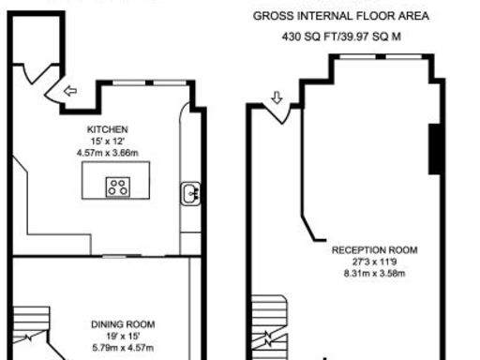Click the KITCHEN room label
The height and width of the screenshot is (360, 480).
[x=107, y=128]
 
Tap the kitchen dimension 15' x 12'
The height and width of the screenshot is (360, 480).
[x=107, y=141]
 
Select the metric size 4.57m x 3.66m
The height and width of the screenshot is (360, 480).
[x=107, y=152]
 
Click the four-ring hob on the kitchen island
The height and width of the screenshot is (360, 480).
[x=118, y=187]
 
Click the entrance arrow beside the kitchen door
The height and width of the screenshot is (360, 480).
[x=70, y=91]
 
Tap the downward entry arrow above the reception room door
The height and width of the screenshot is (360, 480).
[x=277, y=97]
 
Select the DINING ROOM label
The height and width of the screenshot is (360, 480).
[x=123, y=324]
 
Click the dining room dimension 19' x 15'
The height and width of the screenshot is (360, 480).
[x=123, y=336]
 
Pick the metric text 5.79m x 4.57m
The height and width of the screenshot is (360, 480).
[x=123, y=347]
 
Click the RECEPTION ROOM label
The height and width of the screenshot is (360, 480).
[x=375, y=250]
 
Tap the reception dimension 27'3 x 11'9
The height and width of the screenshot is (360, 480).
[x=375, y=262]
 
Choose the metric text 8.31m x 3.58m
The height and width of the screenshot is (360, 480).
[x=375, y=273]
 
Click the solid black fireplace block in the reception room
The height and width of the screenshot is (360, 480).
[x=435, y=148]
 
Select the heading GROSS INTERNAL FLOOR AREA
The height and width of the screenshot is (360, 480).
[x=341, y=16]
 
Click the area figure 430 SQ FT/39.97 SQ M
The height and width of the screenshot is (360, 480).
[x=341, y=37]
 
